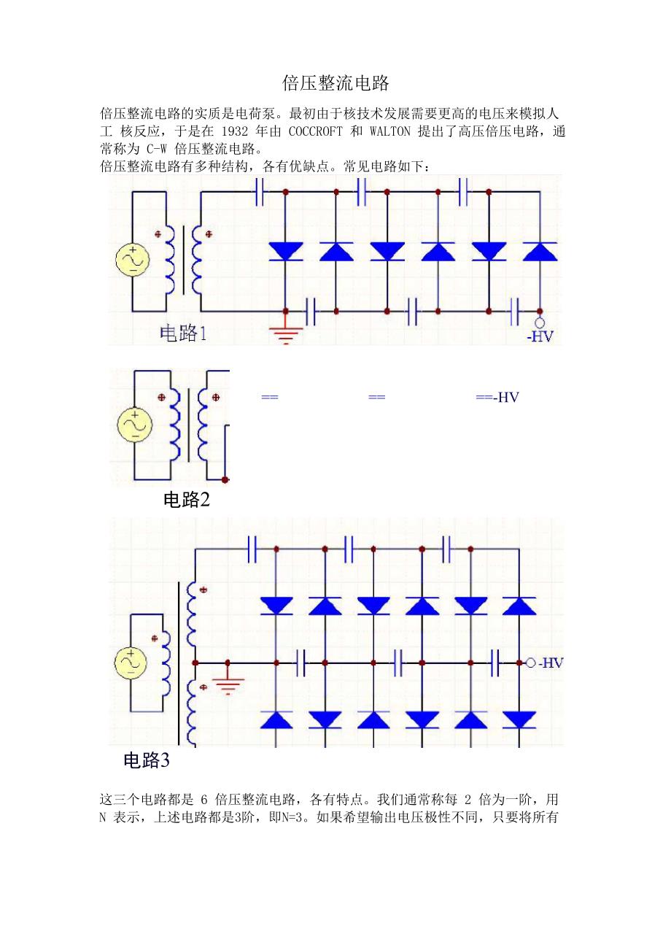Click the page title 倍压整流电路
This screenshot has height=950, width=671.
(336, 82)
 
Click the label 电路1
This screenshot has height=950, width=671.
(184, 334)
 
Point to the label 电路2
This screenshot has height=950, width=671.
(187, 500)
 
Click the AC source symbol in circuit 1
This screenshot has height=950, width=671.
(133, 260)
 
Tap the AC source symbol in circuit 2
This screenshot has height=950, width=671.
(134, 425)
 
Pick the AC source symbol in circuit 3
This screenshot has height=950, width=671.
(131, 662)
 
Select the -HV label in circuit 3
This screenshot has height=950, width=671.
(550, 663)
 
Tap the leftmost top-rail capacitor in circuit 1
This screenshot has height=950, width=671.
(260, 192)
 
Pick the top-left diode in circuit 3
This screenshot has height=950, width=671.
(276, 606)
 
